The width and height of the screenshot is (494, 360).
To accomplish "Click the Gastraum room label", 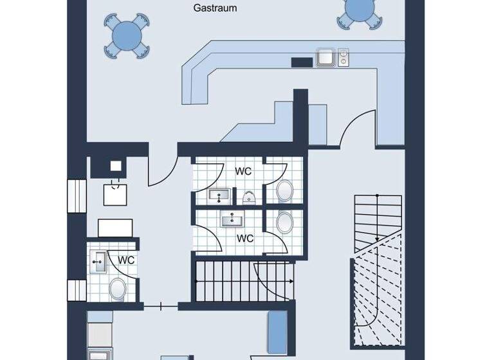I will point(215,8).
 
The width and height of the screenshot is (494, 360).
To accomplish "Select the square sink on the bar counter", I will point(325,58).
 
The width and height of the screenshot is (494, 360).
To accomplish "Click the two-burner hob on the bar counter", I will point(343,58).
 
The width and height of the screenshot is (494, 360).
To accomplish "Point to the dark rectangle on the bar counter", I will point(302,62).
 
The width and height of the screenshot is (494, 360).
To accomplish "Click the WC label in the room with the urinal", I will point(243,172).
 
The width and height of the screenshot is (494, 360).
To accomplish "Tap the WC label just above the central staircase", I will point(245,238).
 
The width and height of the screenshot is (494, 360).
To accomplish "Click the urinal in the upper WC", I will point(250,196).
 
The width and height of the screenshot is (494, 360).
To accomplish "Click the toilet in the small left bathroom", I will point(118,289).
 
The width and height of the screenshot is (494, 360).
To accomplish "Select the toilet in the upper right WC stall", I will point(284,190).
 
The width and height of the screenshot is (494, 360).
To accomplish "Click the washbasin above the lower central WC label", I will point(231,220).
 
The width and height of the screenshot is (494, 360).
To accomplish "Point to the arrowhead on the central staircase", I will point(292,282).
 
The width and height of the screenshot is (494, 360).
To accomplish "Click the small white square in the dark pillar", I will point(116,166).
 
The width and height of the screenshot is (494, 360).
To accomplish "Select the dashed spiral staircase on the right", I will point(377,289).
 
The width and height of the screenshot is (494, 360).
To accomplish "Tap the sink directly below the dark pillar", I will point(116,192).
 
